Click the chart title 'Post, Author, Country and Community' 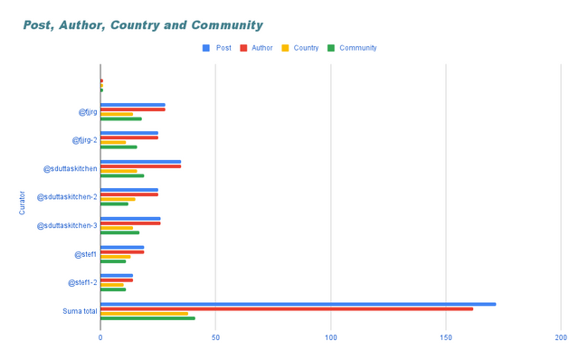(143, 25)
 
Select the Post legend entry (218, 48)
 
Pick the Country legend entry (299, 48)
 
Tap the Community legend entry (351, 48)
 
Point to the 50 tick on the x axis (215, 337)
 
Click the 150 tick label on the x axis (446, 337)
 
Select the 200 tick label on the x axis (561, 337)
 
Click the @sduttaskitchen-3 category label (67, 225)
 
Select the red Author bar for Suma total (287, 308)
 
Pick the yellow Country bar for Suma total (144, 313)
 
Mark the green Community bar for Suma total (147, 317)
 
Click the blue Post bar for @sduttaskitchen (140, 161)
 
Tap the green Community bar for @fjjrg (121, 118)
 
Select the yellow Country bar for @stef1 (115, 256)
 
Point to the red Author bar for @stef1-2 (117, 279)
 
